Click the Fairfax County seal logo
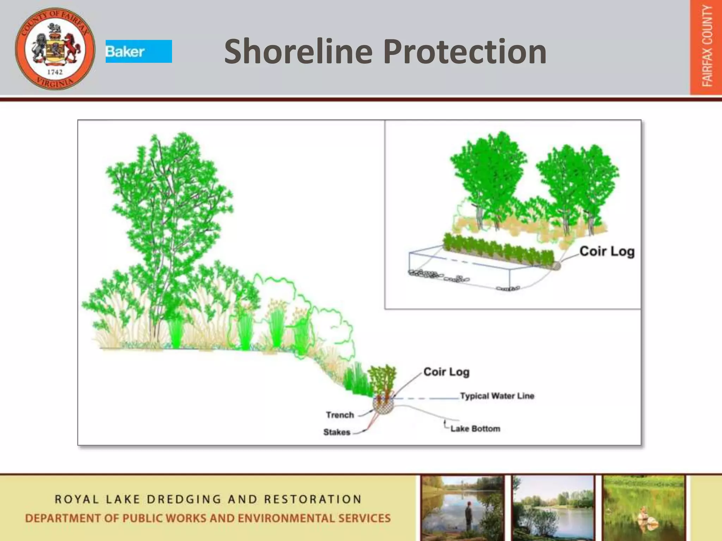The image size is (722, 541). pyautogui.click(x=55, y=49)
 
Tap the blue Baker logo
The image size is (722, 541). pyautogui.click(x=139, y=51)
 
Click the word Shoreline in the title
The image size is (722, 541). pyautogui.click(x=298, y=52)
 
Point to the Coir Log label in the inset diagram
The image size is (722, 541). pyautogui.click(x=607, y=251)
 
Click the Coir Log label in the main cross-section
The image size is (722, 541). pyautogui.click(x=446, y=372)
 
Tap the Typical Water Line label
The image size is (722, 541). pyautogui.click(x=497, y=396)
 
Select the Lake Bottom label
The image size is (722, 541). pyautogui.click(x=475, y=429)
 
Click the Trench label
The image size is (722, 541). pyautogui.click(x=339, y=415)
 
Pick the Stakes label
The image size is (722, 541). pyautogui.click(x=337, y=432)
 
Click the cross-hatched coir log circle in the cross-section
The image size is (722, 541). pyautogui.click(x=383, y=407)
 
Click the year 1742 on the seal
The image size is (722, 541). pyautogui.click(x=55, y=72)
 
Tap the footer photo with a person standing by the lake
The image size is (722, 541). pyautogui.click(x=463, y=507)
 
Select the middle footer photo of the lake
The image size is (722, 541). pyautogui.click(x=553, y=507)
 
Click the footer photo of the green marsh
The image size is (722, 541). pyautogui.click(x=643, y=507)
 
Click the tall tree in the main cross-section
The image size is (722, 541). pyautogui.click(x=166, y=211)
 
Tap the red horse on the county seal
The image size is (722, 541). pyautogui.click(x=72, y=46)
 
